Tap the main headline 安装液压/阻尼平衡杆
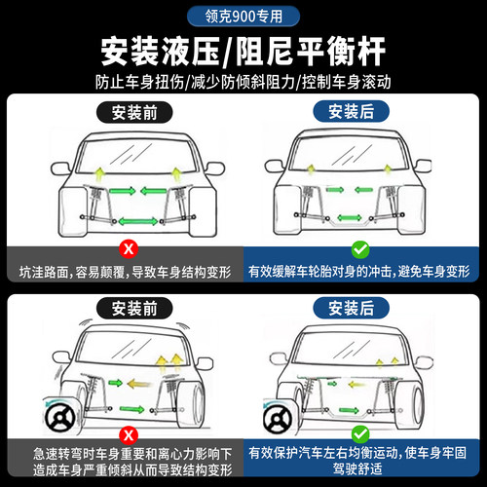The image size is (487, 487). pos(243,49)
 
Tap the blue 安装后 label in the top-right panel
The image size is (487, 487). pos(361,111)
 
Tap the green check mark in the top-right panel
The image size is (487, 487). pos(360,248)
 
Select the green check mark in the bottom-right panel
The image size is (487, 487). pos(360,432)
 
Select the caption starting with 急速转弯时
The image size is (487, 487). pos(124,461)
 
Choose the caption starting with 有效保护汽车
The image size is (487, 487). pos(360,461)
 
